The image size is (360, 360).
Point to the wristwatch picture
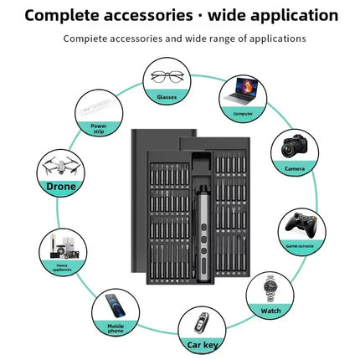pyautogui.click(x=270, y=289)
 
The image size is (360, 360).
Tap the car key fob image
pyautogui.click(x=198, y=322)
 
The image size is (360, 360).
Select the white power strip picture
pyautogui.click(x=97, y=107)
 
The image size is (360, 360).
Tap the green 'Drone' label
pyautogui.click(x=61, y=187)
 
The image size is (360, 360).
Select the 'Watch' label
pyautogui.click(x=270, y=311)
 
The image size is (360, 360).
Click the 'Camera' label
pyautogui.click(x=295, y=168)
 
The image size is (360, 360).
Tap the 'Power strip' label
pyautogui.click(x=99, y=129)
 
